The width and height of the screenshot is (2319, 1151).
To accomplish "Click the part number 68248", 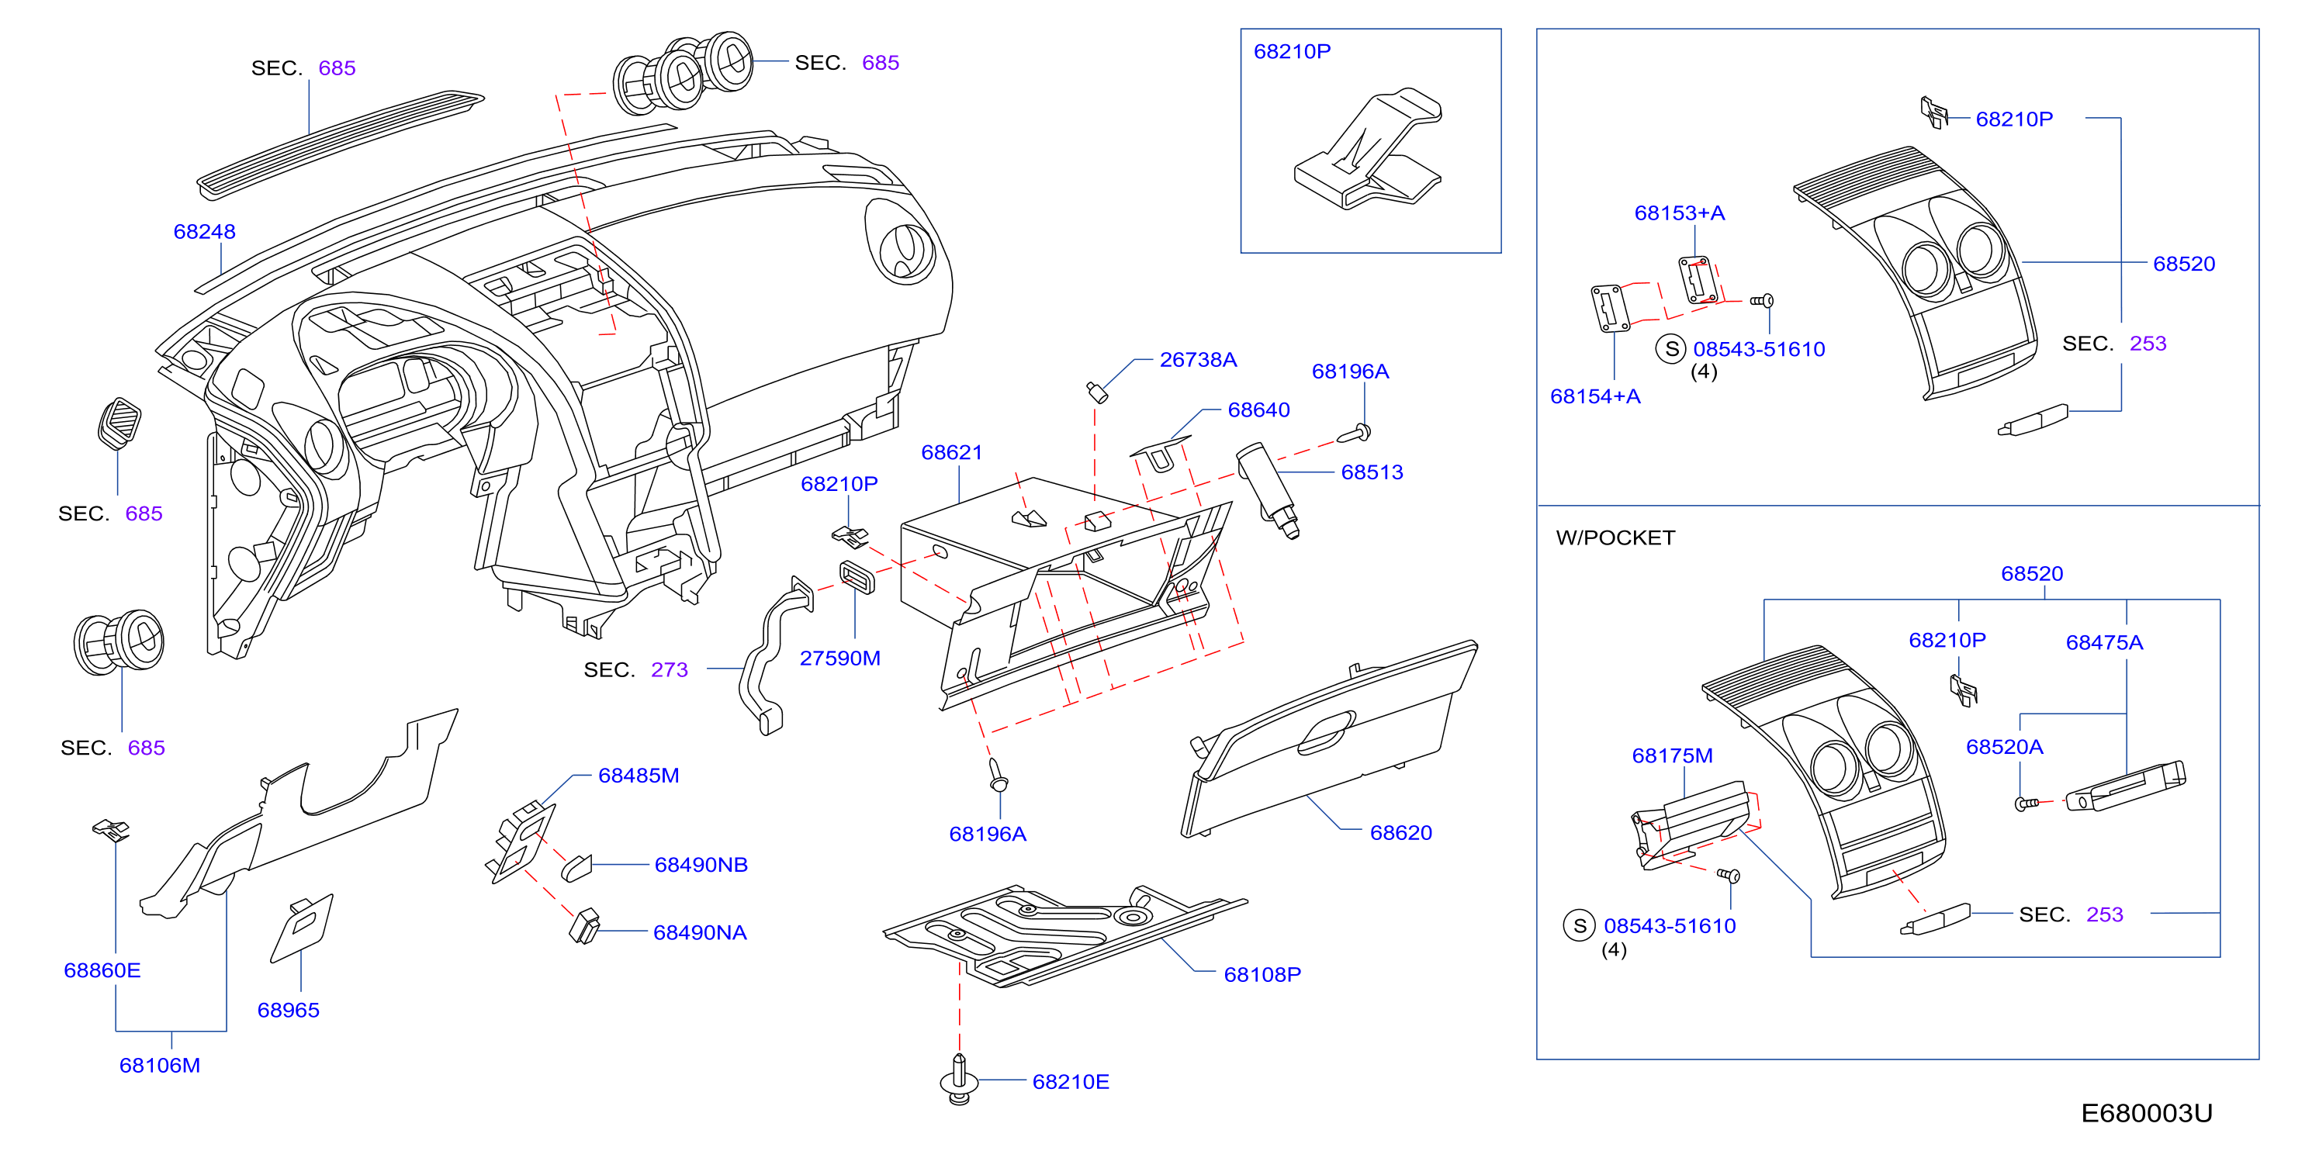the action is (x=204, y=231).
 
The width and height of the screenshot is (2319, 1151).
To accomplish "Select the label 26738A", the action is (x=1198, y=360).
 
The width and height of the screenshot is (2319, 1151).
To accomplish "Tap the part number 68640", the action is (x=1258, y=410).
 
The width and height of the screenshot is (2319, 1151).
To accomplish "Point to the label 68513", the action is (x=1372, y=472).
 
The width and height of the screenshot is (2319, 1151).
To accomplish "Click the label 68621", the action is (x=951, y=453).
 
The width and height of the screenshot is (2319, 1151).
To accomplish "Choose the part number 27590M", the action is (x=840, y=658).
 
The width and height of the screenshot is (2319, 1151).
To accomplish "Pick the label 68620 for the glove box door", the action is (x=1400, y=832).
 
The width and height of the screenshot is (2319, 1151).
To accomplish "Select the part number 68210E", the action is (x=1071, y=1082).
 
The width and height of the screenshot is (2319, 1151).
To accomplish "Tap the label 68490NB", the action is (x=701, y=865).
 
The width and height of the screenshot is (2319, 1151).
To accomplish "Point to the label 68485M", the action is (x=639, y=776).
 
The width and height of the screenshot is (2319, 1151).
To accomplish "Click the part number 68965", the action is (x=288, y=1010).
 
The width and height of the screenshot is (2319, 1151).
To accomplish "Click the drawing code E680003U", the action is (x=2146, y=1113).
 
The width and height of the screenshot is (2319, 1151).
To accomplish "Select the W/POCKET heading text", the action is (x=1615, y=537).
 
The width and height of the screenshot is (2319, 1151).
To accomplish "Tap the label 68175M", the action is (x=1673, y=756).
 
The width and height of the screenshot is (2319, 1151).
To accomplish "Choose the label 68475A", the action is (x=2104, y=642).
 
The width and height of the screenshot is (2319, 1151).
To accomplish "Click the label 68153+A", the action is (x=1680, y=213).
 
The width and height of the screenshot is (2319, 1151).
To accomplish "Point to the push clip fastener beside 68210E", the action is (x=959, y=1079).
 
